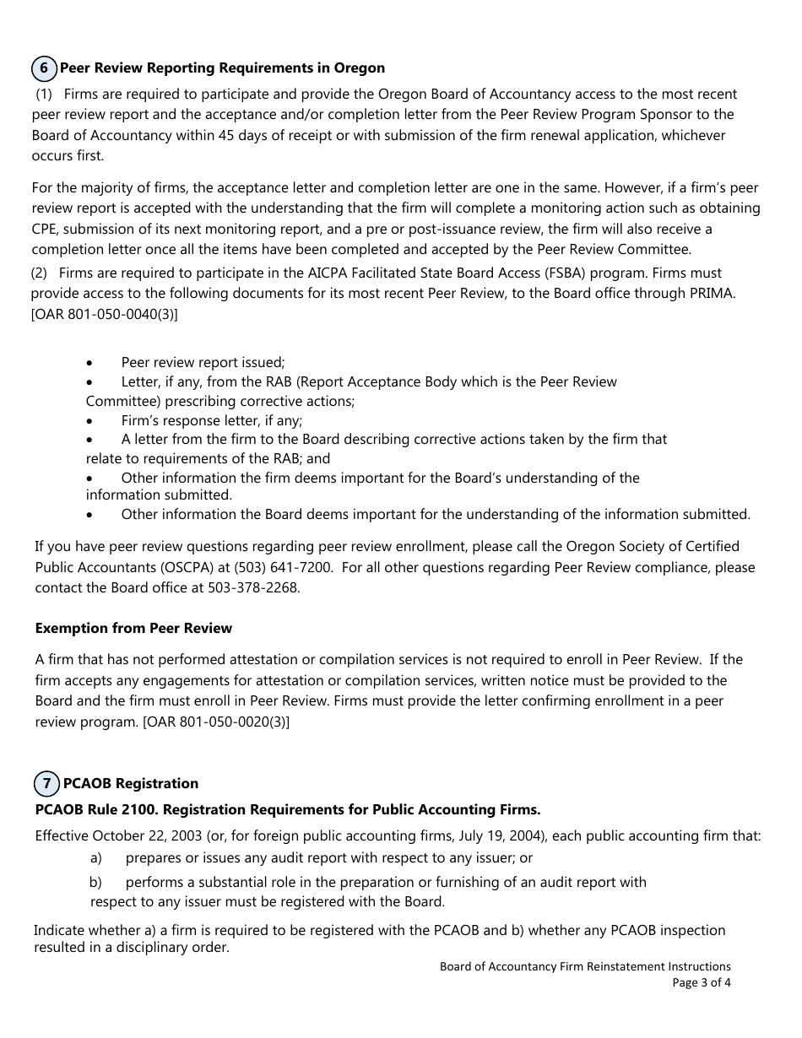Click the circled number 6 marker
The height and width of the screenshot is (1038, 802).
[45, 68]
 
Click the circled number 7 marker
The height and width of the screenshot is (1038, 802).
[46, 783]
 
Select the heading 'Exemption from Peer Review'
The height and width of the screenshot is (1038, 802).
[133, 628]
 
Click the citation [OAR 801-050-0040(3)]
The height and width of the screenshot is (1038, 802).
[105, 314]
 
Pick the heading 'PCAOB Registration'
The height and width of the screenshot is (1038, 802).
[131, 783]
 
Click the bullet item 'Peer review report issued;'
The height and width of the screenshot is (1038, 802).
[203, 362]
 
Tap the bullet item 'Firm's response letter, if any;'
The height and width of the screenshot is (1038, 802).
[211, 420]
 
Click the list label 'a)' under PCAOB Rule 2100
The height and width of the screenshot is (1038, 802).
[96, 858]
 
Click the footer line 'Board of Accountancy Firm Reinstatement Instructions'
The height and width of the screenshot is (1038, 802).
[585, 966]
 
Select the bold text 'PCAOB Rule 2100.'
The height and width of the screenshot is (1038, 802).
[96, 809]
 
